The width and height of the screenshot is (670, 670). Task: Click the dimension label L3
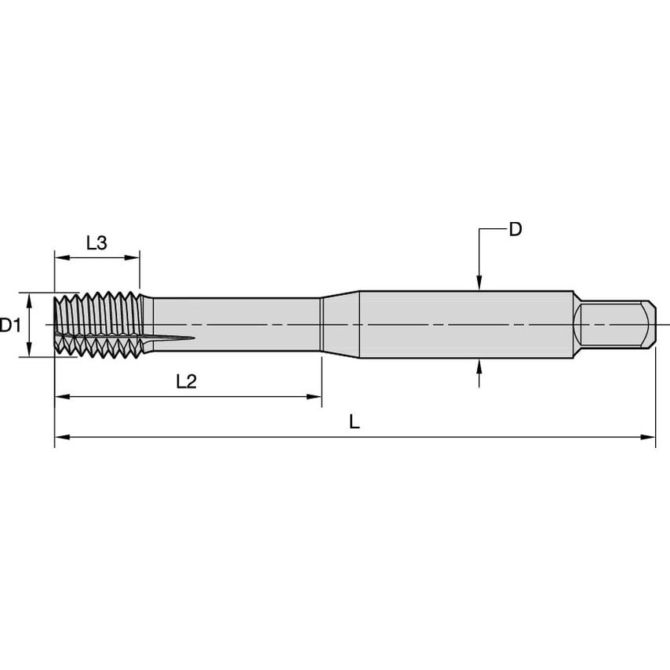pyautogui.click(x=96, y=243)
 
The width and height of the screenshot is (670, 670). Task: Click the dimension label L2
pyautogui.click(x=186, y=382)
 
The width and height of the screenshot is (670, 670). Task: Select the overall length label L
pyautogui.click(x=355, y=422)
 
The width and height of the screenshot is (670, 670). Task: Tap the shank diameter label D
pyautogui.click(x=515, y=229)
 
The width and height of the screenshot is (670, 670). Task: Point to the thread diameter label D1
pyautogui.click(x=10, y=325)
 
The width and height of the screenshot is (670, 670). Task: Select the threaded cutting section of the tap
pyautogui.click(x=98, y=324)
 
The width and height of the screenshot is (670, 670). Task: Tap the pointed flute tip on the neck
pyautogui.click(x=188, y=339)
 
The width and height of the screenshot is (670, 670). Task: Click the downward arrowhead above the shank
pyautogui.click(x=479, y=285)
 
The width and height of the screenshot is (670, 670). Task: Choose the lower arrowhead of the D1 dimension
pyautogui.click(x=29, y=351)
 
